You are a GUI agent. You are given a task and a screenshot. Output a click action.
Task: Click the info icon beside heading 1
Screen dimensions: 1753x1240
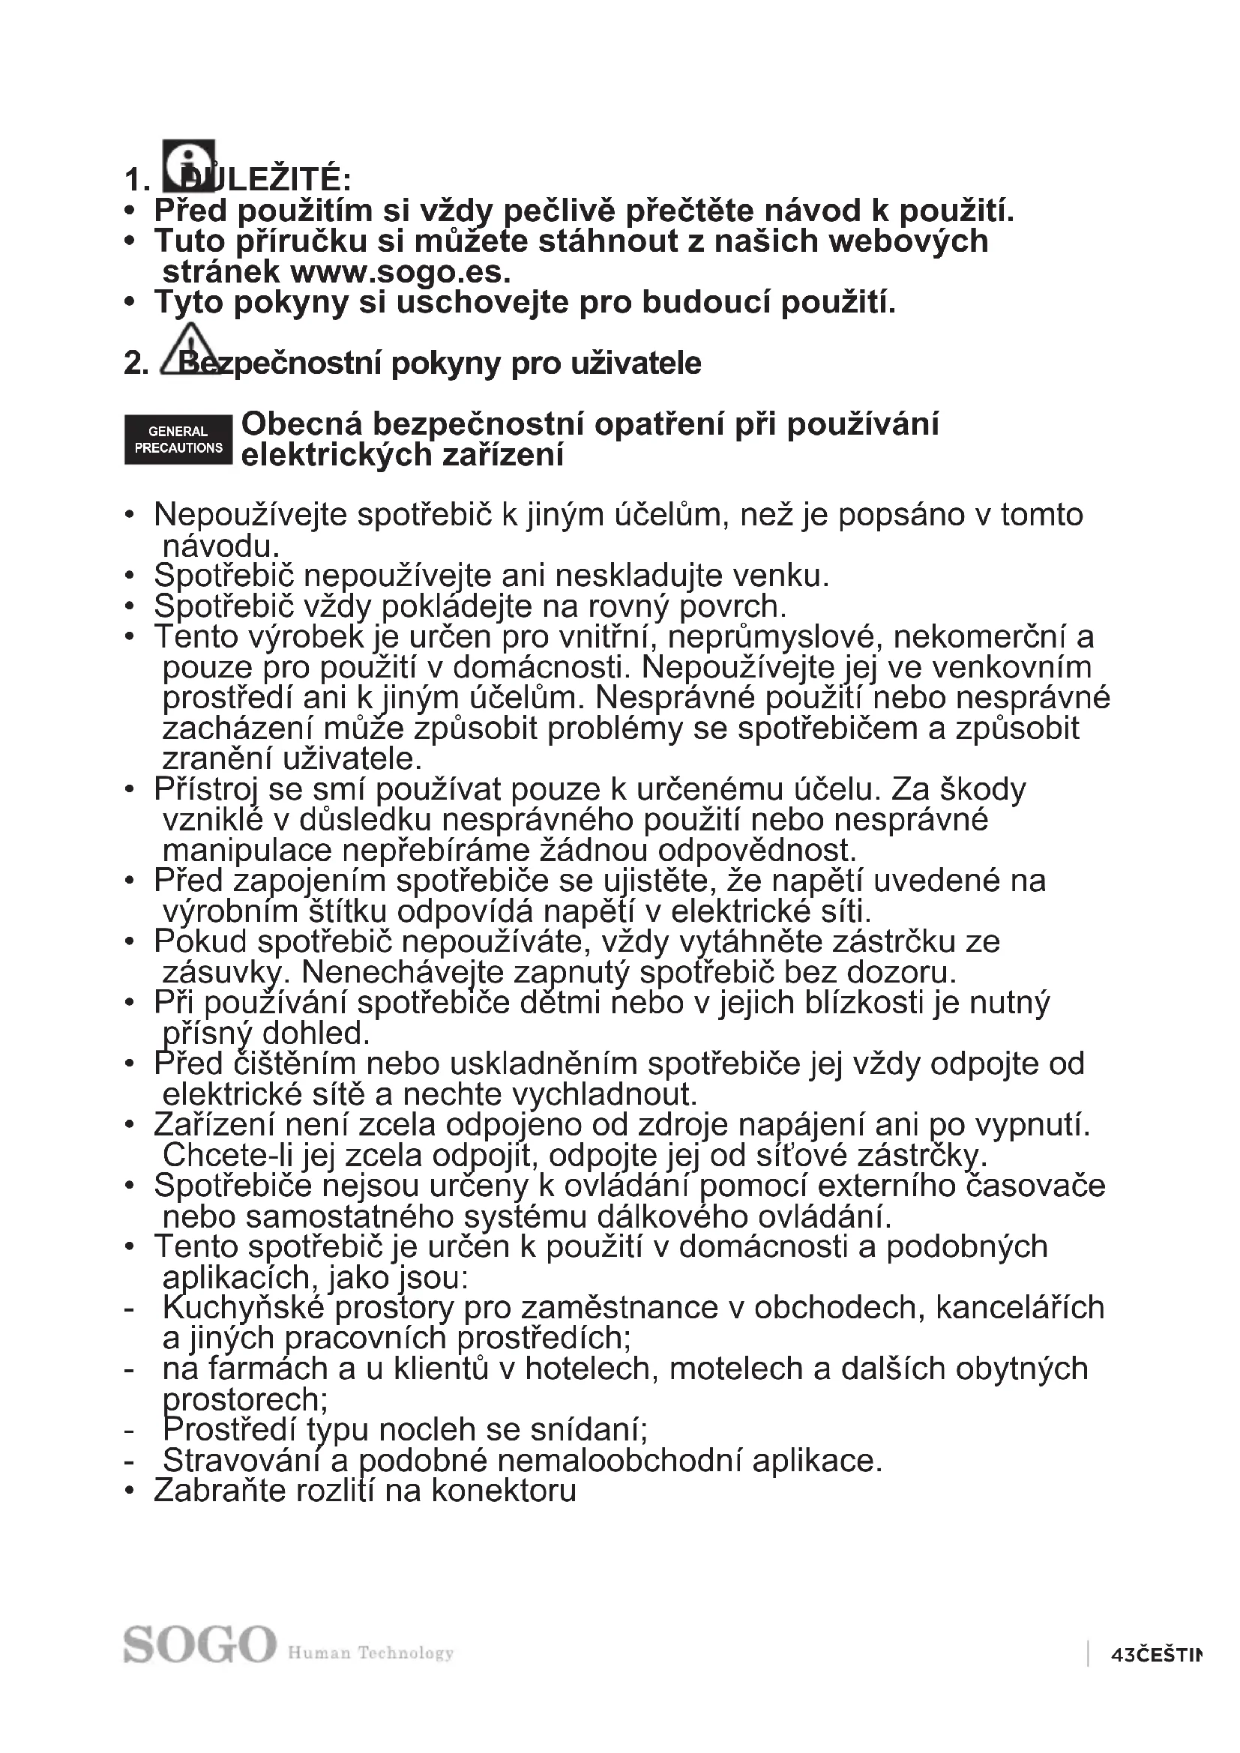coord(189,166)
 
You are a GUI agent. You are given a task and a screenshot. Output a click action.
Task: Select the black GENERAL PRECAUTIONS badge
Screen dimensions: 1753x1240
coord(178,440)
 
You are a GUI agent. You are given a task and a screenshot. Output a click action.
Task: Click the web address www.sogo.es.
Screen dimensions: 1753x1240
coord(401,272)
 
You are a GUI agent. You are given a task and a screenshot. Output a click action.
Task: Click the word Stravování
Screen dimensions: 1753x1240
coord(242,1461)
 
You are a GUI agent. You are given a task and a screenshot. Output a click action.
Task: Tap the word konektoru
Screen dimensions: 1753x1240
coord(504,1491)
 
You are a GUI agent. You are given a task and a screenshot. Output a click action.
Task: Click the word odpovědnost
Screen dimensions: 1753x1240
coord(757,851)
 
